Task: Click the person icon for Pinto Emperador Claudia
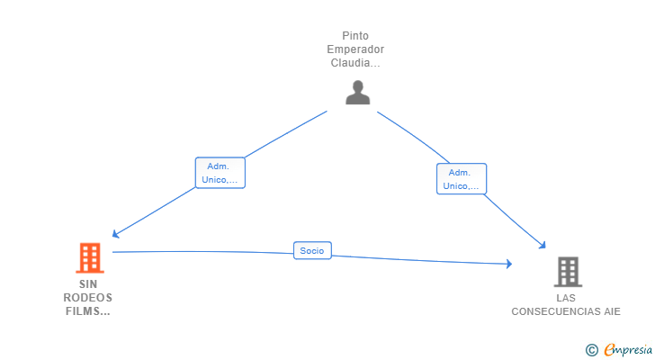357,93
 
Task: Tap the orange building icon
90,257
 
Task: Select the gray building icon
568,272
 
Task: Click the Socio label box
312,250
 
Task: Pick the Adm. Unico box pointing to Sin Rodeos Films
220,173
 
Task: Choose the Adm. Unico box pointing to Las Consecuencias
462,179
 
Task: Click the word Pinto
355,36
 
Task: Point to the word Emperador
355,49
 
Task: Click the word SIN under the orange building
88,284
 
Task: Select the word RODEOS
88,298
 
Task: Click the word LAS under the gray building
566,298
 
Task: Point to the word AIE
612,311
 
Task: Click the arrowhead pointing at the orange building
116,234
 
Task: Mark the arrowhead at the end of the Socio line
509,264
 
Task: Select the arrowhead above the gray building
543,245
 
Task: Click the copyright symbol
591,350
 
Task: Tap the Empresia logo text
628,349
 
